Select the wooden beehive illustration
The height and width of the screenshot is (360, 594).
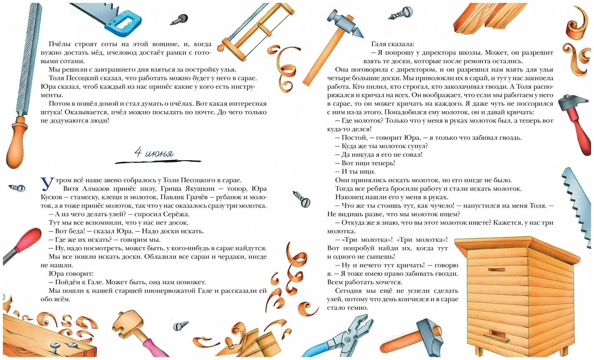point(518,294)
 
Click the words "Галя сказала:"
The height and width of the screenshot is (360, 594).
point(393,44)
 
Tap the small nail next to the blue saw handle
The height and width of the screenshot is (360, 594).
point(179,20)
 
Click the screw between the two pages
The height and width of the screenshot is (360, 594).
point(301,199)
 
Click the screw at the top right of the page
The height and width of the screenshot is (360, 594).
point(401,13)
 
